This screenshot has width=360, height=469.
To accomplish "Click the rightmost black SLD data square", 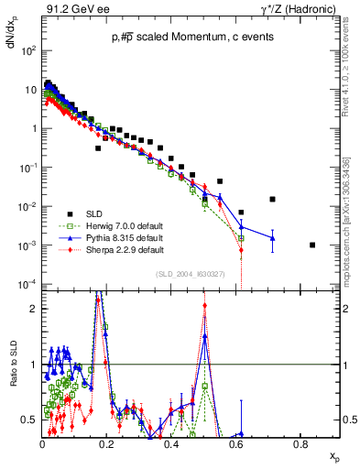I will click(312, 245).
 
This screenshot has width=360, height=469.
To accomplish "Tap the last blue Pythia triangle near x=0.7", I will click(272, 238).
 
